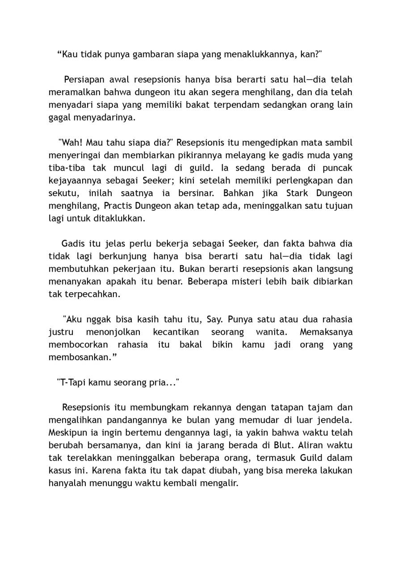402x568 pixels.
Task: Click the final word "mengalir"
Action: pyautogui.click(x=222, y=483)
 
